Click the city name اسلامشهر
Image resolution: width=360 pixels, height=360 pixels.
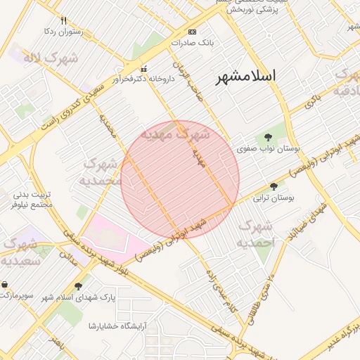[245, 75]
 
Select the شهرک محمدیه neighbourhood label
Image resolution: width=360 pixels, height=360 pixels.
[103, 172]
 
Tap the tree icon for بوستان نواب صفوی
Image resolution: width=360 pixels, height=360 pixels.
[267, 136]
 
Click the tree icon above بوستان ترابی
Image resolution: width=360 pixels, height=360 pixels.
[274, 186]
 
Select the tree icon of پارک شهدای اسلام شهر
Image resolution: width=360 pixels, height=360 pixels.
[77, 286]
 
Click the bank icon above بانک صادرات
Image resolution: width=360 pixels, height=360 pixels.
[193, 32]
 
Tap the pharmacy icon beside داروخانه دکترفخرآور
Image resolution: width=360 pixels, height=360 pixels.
[144, 69]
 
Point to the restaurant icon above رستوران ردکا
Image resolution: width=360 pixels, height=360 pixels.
[64, 20]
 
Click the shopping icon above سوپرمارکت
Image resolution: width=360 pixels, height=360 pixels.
[5, 285]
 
